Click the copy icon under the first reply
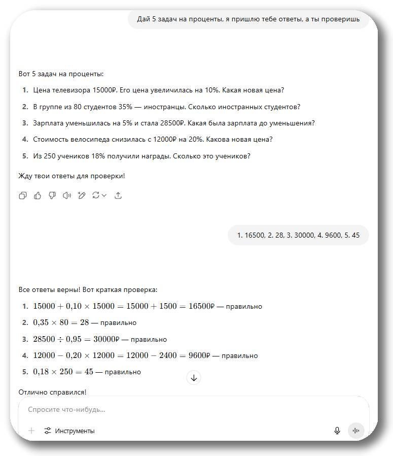[x=23, y=196]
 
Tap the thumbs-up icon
[x=38, y=196]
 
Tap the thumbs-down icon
[x=52, y=196]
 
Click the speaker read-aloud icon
[x=66, y=196]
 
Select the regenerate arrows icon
[x=96, y=196]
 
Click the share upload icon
[x=118, y=196]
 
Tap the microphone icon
[x=337, y=431]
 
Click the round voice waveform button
[x=356, y=431]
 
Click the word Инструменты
[x=75, y=431]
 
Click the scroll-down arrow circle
[x=194, y=378]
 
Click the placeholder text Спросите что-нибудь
[x=66, y=409]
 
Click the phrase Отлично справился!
[x=52, y=392]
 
